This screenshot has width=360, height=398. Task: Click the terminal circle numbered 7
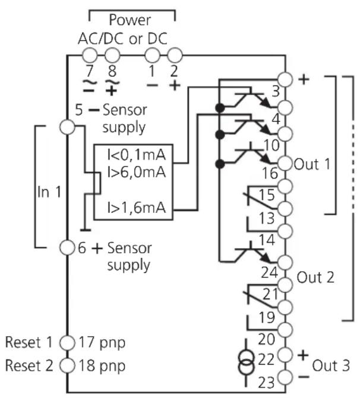(90, 55)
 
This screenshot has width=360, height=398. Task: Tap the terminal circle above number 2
(175, 55)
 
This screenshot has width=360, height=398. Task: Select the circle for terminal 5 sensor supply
(67, 127)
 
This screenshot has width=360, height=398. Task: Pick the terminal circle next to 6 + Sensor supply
(67, 247)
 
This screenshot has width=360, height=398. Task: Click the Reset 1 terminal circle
(67, 343)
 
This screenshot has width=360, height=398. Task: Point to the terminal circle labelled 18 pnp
(67, 365)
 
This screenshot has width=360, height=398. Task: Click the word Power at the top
(130, 20)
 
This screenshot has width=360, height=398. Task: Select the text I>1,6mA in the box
(137, 208)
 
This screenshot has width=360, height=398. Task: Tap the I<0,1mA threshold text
(137, 155)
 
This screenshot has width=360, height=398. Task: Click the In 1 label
(49, 192)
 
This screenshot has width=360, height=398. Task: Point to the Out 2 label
(315, 277)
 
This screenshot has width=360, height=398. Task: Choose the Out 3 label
(331, 366)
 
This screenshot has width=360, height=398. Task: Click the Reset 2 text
(29, 365)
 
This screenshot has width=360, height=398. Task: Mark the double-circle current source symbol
(246, 362)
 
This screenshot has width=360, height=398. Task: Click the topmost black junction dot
(220, 108)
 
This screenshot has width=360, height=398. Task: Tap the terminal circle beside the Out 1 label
(285, 164)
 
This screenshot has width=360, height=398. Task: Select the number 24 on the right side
(270, 273)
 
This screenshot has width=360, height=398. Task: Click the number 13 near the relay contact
(267, 218)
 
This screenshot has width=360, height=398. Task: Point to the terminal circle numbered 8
(112, 55)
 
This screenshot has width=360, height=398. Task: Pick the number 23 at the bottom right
(267, 383)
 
